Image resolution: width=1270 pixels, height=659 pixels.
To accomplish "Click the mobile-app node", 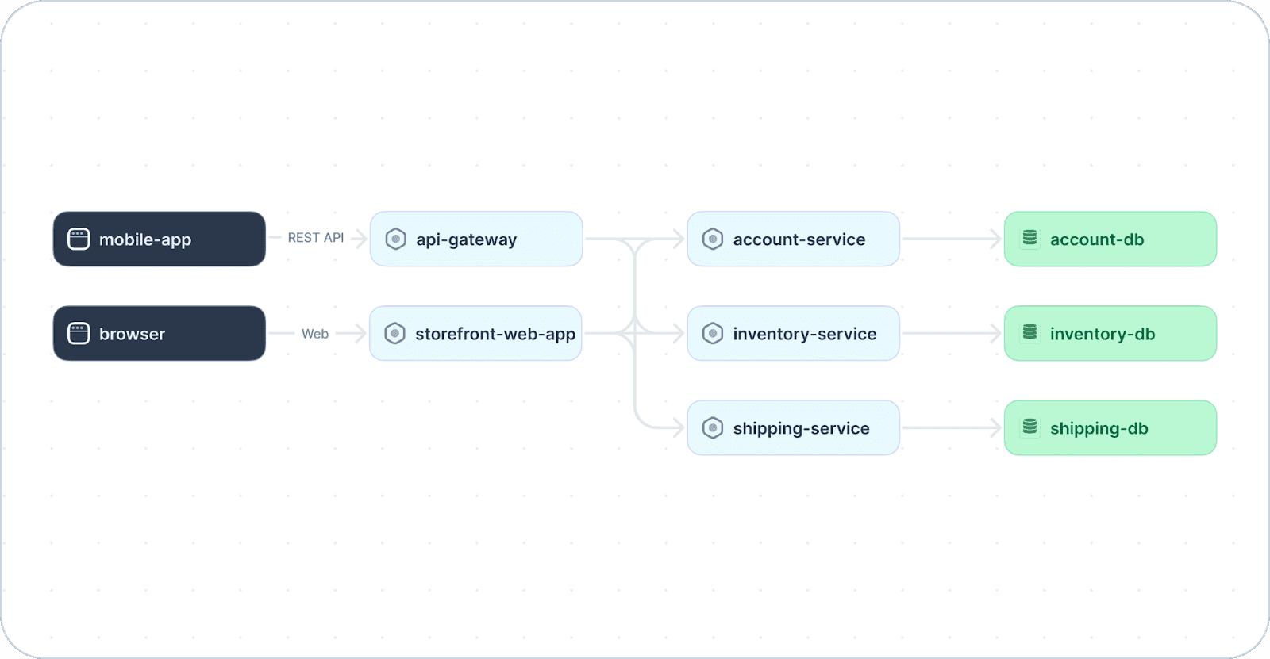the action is [x=160, y=239].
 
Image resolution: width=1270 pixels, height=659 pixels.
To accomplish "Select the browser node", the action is [x=160, y=334].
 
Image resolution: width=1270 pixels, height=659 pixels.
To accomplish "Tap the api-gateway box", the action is [x=476, y=239].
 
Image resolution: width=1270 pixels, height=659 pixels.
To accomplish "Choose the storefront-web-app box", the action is [x=475, y=334].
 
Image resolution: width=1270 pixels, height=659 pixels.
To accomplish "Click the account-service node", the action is [x=793, y=239].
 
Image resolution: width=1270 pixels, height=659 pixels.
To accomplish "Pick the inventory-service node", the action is [x=793, y=334].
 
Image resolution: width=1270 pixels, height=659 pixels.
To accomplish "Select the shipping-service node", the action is [x=793, y=427].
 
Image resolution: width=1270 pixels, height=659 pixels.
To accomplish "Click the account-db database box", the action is [x=1110, y=239].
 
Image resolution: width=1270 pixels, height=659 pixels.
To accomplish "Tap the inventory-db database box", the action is [x=1110, y=334].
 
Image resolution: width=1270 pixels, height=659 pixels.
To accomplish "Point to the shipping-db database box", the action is [x=1110, y=427].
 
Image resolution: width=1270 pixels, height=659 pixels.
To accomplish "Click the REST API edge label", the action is [x=316, y=238].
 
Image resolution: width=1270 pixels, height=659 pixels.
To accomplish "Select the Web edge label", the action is [x=314, y=334].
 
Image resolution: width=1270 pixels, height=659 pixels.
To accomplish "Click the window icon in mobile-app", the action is [x=79, y=239].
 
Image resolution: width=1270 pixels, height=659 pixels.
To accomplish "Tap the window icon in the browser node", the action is [x=79, y=334].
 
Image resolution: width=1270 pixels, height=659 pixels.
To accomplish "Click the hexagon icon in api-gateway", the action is [x=396, y=239].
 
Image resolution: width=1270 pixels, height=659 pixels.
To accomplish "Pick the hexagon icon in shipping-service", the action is [x=713, y=427].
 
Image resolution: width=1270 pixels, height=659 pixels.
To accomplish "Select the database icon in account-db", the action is [x=1029, y=238].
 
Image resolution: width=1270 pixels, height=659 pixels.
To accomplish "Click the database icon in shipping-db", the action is [x=1029, y=427].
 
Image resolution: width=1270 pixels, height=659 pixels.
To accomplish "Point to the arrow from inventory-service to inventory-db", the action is [x=952, y=334].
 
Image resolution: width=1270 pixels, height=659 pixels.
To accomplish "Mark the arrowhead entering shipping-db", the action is [x=996, y=427].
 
